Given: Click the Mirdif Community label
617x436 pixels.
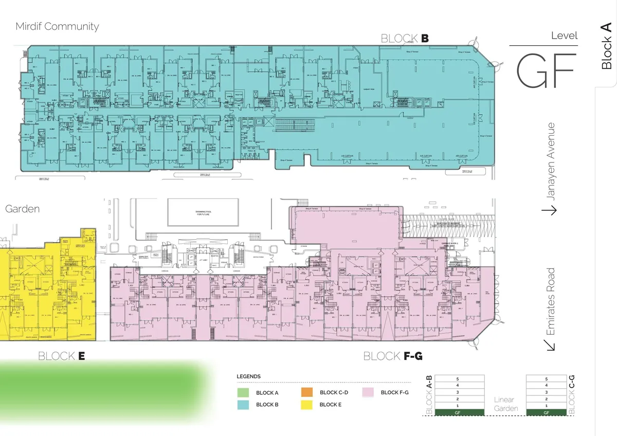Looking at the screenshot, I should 57,27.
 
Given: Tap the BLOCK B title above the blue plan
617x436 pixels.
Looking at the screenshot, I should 405,39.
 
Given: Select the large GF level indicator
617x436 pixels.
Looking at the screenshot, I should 545,70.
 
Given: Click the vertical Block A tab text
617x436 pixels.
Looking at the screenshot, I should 607,45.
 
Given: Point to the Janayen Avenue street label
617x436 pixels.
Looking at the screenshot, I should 551,160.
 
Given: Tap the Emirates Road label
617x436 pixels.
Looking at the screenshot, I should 551,301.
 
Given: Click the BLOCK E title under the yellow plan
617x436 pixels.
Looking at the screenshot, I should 61,356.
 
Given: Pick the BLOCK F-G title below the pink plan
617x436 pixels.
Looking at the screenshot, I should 393,356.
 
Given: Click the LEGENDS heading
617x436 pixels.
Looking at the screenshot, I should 248,376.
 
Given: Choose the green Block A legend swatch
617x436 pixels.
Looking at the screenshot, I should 243,392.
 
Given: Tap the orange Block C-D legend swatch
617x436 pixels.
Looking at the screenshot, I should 306,392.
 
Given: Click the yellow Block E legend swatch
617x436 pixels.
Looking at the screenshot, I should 306,405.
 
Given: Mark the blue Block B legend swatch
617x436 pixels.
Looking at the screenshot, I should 243,405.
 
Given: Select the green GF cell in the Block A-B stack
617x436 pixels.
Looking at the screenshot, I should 457,412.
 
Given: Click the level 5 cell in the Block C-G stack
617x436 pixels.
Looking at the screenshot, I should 547,379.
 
